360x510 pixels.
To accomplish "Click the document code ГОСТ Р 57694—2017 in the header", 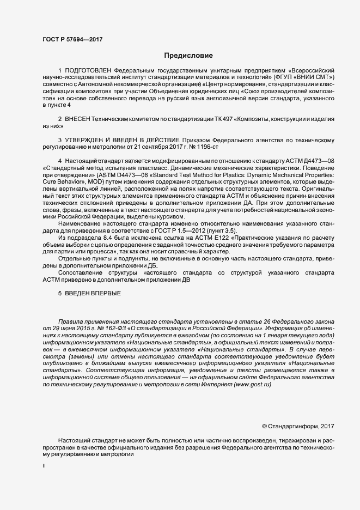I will tap(72, 39).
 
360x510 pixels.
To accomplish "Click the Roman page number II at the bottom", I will tap(44, 466).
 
